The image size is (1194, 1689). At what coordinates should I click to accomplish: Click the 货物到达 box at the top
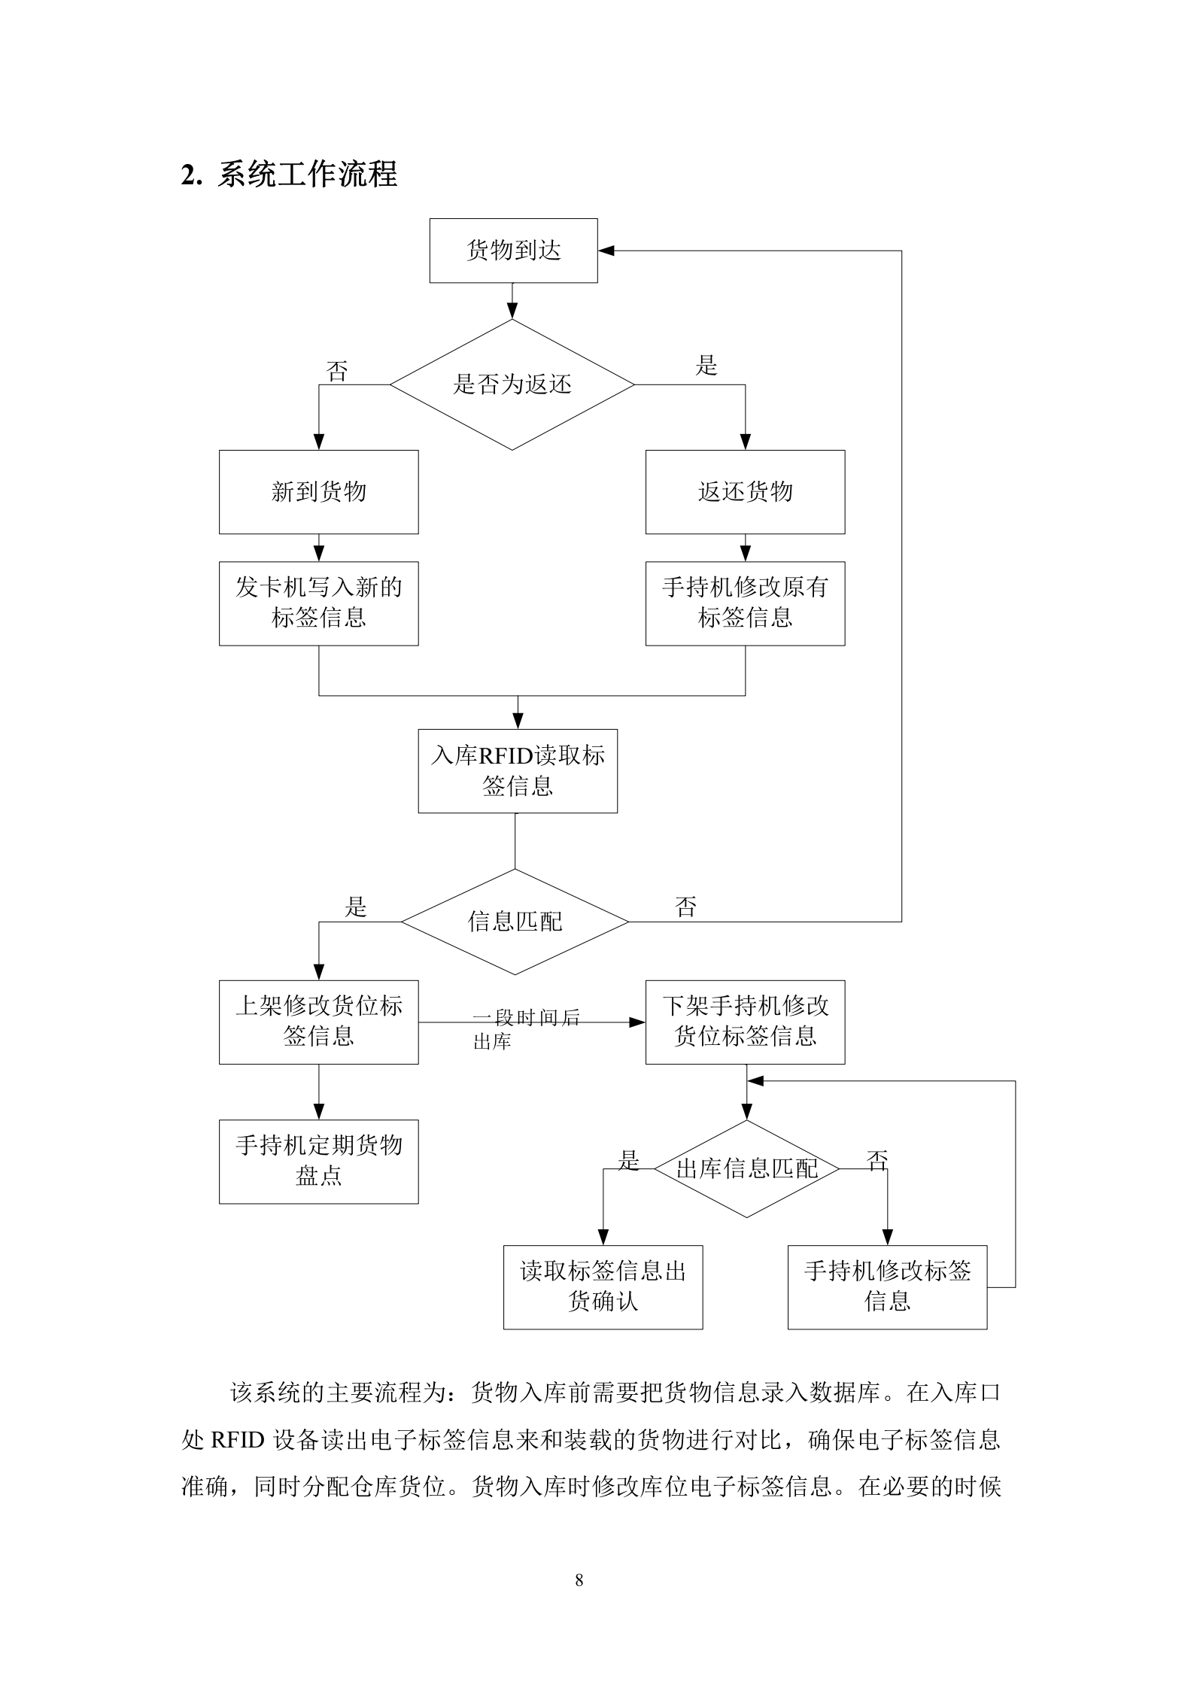tap(513, 251)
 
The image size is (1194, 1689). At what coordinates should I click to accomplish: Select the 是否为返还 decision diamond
tap(512, 384)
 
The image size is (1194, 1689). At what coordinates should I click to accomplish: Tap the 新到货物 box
tap(318, 492)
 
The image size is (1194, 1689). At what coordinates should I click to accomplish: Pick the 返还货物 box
tap(745, 492)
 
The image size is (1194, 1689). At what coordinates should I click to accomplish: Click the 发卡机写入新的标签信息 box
tap(318, 603)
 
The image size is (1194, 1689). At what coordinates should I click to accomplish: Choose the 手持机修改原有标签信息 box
tap(745, 603)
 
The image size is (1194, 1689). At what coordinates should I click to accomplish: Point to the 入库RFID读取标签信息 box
tap(518, 770)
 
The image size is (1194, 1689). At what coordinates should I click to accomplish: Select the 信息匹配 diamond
tap(515, 922)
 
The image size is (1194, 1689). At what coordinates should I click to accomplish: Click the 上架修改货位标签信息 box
tap(318, 1022)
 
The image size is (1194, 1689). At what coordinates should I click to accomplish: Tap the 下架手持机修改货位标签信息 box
tap(745, 1022)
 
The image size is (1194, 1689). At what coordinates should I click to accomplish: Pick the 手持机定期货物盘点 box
tap(318, 1161)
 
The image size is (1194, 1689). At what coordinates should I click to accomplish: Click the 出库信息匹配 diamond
tap(746, 1168)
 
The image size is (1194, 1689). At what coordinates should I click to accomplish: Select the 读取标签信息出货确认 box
tap(603, 1286)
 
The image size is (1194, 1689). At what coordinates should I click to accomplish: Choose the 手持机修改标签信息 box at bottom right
tap(887, 1286)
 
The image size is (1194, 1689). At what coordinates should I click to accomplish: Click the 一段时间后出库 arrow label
tap(525, 1028)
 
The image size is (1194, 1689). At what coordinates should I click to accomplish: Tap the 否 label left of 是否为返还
tap(337, 371)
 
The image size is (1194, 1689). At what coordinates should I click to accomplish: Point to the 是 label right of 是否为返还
tap(706, 366)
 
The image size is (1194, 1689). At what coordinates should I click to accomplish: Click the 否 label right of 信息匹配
tap(685, 907)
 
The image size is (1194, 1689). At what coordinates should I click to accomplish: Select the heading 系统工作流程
tap(307, 175)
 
